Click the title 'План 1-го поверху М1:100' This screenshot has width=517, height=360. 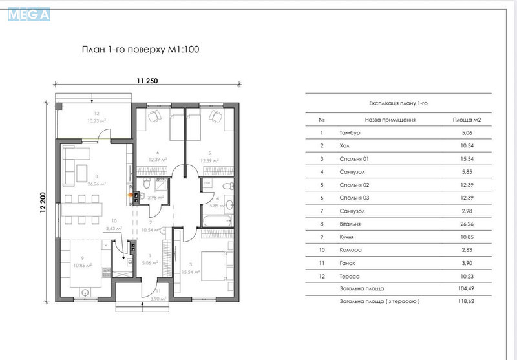(135, 50)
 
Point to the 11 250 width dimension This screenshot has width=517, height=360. (147, 81)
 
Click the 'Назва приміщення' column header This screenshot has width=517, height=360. (390, 120)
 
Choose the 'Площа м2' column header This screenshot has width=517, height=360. (467, 120)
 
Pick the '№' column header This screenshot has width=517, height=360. (322, 120)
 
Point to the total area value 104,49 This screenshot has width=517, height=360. (466, 289)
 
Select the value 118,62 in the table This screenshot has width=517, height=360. (466, 302)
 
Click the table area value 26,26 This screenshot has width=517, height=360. (466, 224)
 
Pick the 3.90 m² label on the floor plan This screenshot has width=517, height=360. (156, 299)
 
